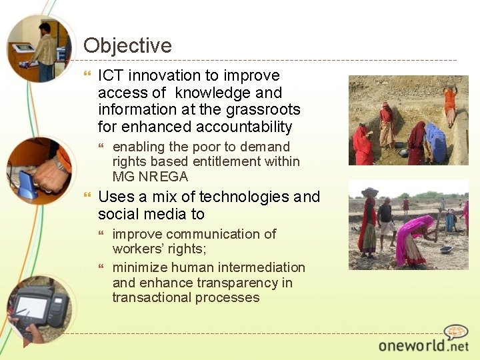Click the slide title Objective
tap(127, 45)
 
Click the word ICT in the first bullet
tap(111, 76)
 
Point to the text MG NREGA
tap(150, 177)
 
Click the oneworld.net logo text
tap(423, 345)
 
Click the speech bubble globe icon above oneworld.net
tap(457, 332)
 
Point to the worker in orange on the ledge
tap(450, 103)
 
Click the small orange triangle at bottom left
tap(27, 343)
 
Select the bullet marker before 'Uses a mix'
tap(87, 197)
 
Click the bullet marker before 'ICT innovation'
tap(87, 76)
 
